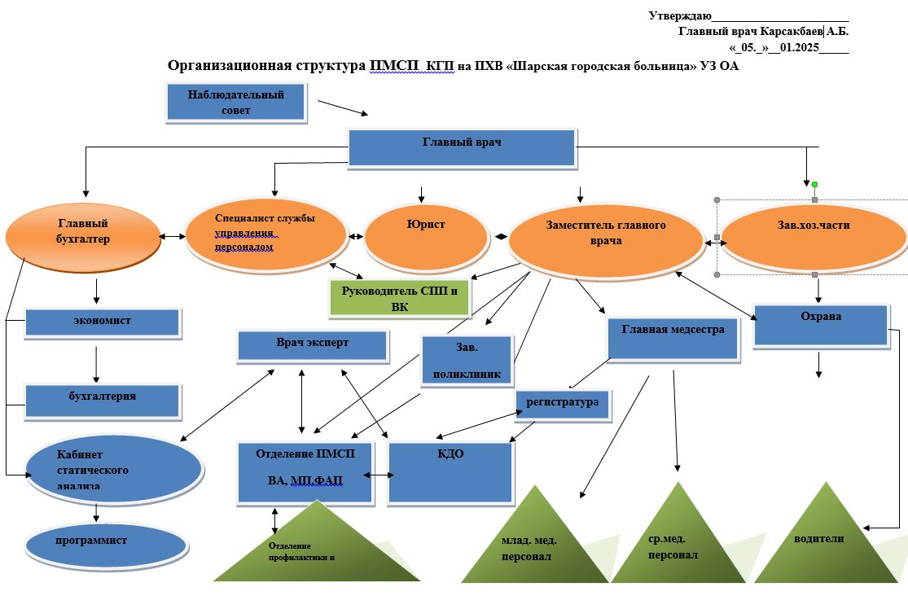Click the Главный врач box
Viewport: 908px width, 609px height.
462,147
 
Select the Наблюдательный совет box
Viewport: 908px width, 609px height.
236,103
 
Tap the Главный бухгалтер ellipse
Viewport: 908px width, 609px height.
83,235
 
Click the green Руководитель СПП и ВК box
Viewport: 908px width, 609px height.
400,298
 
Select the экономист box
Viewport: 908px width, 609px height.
102,322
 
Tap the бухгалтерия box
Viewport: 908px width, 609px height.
102,399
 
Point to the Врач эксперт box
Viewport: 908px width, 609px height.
312,345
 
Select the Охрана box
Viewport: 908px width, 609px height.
820,325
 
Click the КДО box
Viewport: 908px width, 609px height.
450,472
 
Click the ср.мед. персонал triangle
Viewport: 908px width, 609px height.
677,545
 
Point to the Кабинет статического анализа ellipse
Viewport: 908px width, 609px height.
113,471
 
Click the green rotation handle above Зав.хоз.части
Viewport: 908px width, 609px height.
814,185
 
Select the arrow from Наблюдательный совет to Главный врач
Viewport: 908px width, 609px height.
342,108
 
